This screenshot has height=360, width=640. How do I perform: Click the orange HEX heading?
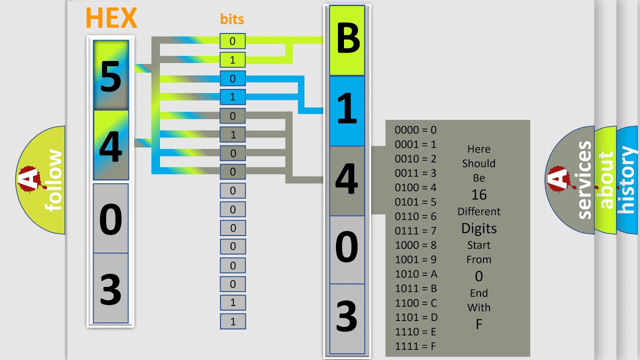point(111,17)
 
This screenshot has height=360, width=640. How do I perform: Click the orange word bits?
point(232,19)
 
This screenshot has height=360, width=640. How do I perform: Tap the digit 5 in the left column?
point(111,77)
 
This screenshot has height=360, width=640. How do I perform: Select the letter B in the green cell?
point(348,38)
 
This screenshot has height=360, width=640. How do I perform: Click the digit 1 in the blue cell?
point(347,108)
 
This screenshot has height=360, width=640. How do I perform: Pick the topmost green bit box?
point(232,41)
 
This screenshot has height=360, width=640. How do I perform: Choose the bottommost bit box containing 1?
point(233,321)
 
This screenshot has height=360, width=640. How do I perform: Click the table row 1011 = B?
point(416,288)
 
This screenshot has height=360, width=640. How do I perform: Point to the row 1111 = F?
point(415,346)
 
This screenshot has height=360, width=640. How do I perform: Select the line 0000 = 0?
point(415,130)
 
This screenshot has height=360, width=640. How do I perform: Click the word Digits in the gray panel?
point(479,229)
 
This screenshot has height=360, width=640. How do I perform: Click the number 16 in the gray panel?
point(479,195)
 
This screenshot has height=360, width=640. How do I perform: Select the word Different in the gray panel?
point(479,211)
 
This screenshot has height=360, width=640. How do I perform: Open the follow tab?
point(40,180)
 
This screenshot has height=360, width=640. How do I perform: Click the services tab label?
point(584,180)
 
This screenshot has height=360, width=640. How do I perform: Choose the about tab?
point(605,180)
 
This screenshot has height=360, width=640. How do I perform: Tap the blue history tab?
point(628,180)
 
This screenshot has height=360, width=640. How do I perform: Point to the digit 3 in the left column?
point(111,289)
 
